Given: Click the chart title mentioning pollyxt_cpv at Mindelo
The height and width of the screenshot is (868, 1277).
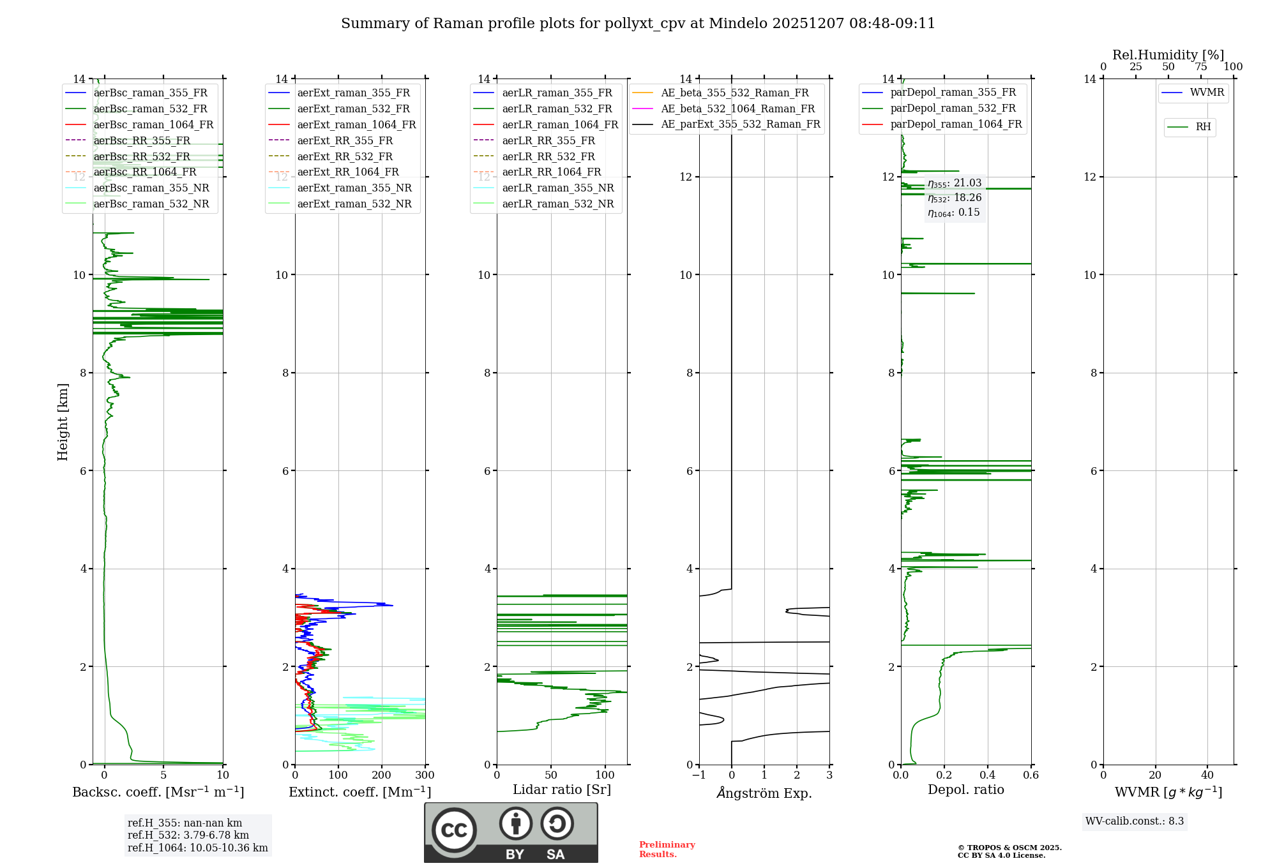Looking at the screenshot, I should click(638, 24).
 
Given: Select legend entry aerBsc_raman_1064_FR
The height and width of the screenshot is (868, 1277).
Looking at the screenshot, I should click(153, 124).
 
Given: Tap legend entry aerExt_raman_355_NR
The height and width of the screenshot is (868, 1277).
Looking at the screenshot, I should click(354, 188).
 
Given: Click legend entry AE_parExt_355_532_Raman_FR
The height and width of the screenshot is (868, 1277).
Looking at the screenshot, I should click(740, 124).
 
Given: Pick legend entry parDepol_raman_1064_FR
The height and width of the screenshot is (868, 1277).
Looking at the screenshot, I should click(956, 124).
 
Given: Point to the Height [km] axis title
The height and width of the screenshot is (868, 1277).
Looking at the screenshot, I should click(63, 421).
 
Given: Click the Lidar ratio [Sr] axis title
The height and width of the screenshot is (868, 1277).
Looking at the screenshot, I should click(562, 789).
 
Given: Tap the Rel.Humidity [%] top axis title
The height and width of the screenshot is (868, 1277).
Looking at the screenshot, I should click(1168, 55).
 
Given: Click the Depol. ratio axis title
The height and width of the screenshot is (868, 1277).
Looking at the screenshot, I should click(965, 789).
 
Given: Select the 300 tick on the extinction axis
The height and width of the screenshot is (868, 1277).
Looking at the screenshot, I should click(425, 775).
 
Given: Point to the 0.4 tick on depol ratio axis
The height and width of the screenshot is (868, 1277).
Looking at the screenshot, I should click(988, 775).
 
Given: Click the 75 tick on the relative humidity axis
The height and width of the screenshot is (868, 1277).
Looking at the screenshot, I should click(1200, 67).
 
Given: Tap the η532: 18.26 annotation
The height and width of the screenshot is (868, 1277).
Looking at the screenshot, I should click(955, 198).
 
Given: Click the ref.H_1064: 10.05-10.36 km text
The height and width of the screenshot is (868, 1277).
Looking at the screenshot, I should click(197, 848).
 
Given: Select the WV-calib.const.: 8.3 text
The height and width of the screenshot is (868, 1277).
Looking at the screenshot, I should click(1134, 821).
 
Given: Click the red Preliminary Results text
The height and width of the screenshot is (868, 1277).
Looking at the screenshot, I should click(667, 849).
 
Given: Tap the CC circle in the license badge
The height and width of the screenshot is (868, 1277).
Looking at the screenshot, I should click(454, 830).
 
